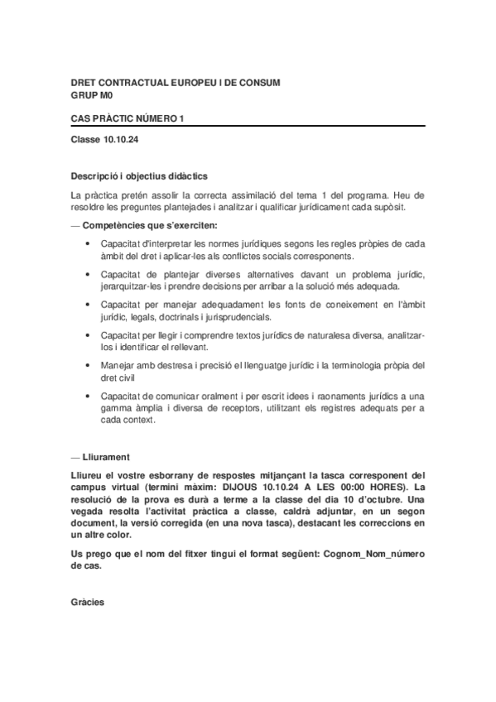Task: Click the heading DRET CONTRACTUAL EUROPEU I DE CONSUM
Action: (176, 83)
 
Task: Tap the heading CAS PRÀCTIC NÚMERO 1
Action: (128, 119)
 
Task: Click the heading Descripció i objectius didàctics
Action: (139, 176)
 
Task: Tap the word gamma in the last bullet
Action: (116, 408)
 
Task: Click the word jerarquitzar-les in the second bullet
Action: (131, 286)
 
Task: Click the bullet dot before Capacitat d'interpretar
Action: (88, 243)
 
